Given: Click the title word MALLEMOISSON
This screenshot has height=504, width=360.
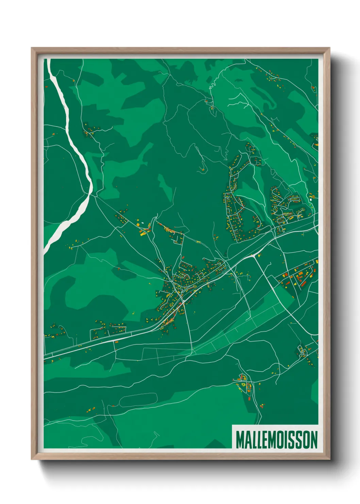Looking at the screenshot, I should click(x=276, y=440).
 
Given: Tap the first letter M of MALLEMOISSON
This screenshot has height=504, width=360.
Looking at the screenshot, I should click(x=240, y=440).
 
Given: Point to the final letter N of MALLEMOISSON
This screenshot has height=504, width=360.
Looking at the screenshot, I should click(x=313, y=440).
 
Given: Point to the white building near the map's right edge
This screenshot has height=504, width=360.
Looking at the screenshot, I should click(x=310, y=196).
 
